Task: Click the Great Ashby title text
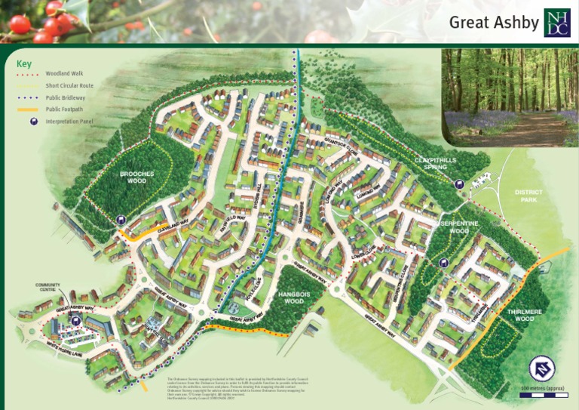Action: click(x=494, y=22)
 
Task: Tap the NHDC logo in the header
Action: click(x=557, y=23)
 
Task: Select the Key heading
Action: click(x=24, y=64)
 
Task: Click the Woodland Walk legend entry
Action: click(x=64, y=75)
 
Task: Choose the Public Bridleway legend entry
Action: click(x=66, y=97)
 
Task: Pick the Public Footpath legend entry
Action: click(x=65, y=109)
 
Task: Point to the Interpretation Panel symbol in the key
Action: click(x=33, y=121)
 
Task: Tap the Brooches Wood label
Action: click(x=136, y=177)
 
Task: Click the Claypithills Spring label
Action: click(x=437, y=164)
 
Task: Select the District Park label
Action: click(x=528, y=196)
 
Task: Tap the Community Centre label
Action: click(x=47, y=288)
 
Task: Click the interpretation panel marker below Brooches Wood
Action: click(x=122, y=220)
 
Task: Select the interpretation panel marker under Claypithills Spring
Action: click(x=459, y=184)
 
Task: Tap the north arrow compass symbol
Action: click(x=542, y=369)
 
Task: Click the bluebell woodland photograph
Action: click(x=510, y=97)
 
